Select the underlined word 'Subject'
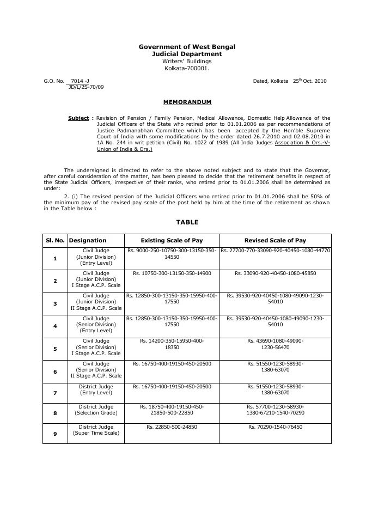78,118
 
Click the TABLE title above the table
187,222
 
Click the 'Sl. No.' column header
55,240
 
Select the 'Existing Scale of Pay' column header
172,240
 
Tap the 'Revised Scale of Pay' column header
275,240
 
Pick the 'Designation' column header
88,240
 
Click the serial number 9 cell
55,434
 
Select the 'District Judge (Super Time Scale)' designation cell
96,430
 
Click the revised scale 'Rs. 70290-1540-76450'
275,428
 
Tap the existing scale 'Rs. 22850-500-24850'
172,428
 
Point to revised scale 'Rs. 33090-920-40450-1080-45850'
275,273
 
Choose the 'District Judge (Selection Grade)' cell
96,410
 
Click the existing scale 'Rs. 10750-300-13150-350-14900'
172,273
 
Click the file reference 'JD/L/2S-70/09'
86,87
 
